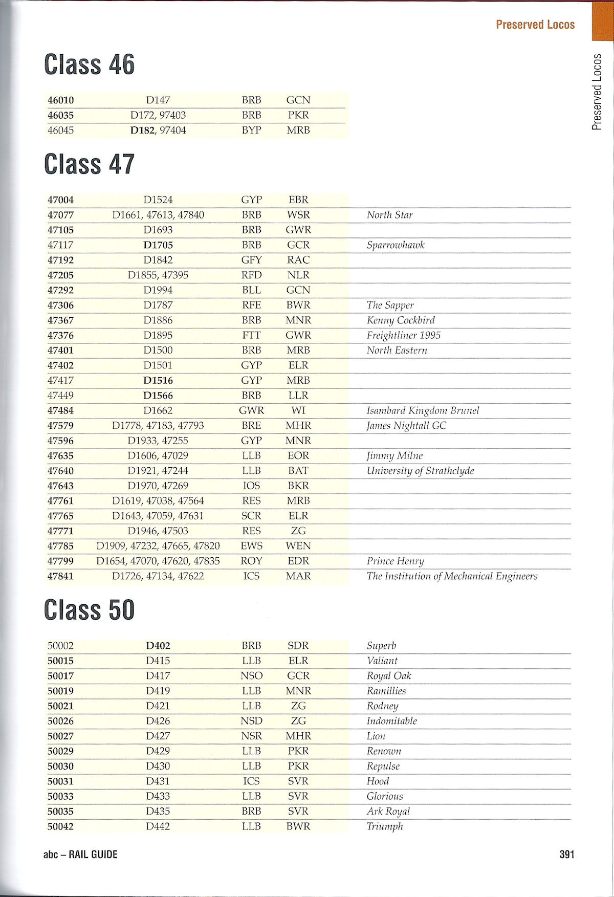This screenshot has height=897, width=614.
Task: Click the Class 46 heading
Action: pos(89,65)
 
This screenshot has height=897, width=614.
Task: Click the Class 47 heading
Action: pos(89,165)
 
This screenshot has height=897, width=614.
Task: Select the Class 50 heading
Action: pos(89,610)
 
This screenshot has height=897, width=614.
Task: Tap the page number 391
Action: pos(566,854)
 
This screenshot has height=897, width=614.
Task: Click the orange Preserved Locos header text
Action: pos(535,25)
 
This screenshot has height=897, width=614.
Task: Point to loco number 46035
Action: pos(60,115)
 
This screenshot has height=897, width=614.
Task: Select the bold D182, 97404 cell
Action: pos(158,130)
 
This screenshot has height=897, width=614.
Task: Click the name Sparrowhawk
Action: pos(396,245)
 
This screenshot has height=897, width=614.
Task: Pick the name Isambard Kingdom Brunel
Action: pos(423,410)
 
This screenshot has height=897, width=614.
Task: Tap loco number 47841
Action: pos(60,576)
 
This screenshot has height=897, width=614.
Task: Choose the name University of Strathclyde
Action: pos(420,471)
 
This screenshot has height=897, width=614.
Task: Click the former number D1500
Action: pos(158,351)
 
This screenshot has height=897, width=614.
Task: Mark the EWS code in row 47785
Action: pos(251,546)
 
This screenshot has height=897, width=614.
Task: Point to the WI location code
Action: pos(298,410)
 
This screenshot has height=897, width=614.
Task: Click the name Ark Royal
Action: pos(388,812)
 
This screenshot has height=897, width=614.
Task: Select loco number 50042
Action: pos(60,826)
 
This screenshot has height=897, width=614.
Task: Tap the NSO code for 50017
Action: pos(251,676)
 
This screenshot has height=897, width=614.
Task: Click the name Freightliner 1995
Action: pos(403,335)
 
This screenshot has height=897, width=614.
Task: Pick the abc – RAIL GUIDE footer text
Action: pos(80,854)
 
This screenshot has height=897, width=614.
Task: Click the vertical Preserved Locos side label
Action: pos(597,92)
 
